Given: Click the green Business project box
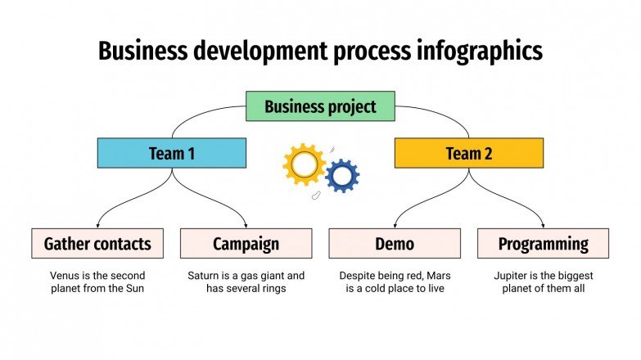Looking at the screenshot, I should click(320, 106).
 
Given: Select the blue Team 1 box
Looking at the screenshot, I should click(171, 153).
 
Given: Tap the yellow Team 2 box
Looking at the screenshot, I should click(468, 153).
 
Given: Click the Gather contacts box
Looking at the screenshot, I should click(97, 244).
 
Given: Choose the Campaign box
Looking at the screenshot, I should click(246, 244).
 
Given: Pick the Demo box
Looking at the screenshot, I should click(395, 244).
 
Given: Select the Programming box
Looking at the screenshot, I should click(543, 244).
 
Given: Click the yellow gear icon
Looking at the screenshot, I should click(304, 164).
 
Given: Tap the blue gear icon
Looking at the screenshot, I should click(342, 175).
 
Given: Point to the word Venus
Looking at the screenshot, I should click(65, 276).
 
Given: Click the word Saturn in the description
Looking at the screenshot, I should click(205, 276).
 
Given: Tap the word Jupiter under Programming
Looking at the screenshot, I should click(512, 276).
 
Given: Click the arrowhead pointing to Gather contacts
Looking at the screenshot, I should click(97, 225).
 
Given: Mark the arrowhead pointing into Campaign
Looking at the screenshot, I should click(246, 225).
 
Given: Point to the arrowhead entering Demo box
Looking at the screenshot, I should click(395, 225).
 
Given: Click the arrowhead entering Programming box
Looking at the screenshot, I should click(543, 225).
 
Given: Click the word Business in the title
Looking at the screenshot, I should click(141, 51).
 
